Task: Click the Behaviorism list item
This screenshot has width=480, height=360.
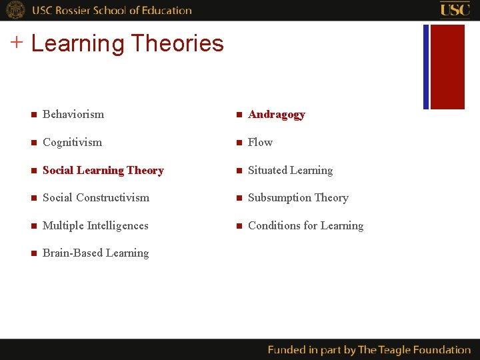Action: click(73, 115)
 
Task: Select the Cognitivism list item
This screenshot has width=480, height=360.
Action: click(72, 143)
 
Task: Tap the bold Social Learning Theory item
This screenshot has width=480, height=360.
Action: click(103, 171)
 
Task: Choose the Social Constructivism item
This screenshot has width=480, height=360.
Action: click(95, 198)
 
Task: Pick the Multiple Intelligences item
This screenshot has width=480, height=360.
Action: click(95, 226)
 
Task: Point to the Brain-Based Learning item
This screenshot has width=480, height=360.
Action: click(95, 253)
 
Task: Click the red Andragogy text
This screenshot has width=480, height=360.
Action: click(276, 115)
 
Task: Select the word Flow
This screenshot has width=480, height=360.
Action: click(260, 143)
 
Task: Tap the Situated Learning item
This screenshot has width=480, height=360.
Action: click(290, 171)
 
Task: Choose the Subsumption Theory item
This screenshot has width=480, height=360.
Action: click(298, 198)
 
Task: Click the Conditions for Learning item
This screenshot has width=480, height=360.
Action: click(305, 226)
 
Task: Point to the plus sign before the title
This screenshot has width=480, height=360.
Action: click(17, 43)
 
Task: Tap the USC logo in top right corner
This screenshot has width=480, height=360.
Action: click(455, 9)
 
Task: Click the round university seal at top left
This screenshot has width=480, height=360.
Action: click(15, 10)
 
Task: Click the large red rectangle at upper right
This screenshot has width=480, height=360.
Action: click(447, 67)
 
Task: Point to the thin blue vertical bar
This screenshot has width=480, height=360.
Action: click(426, 67)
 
